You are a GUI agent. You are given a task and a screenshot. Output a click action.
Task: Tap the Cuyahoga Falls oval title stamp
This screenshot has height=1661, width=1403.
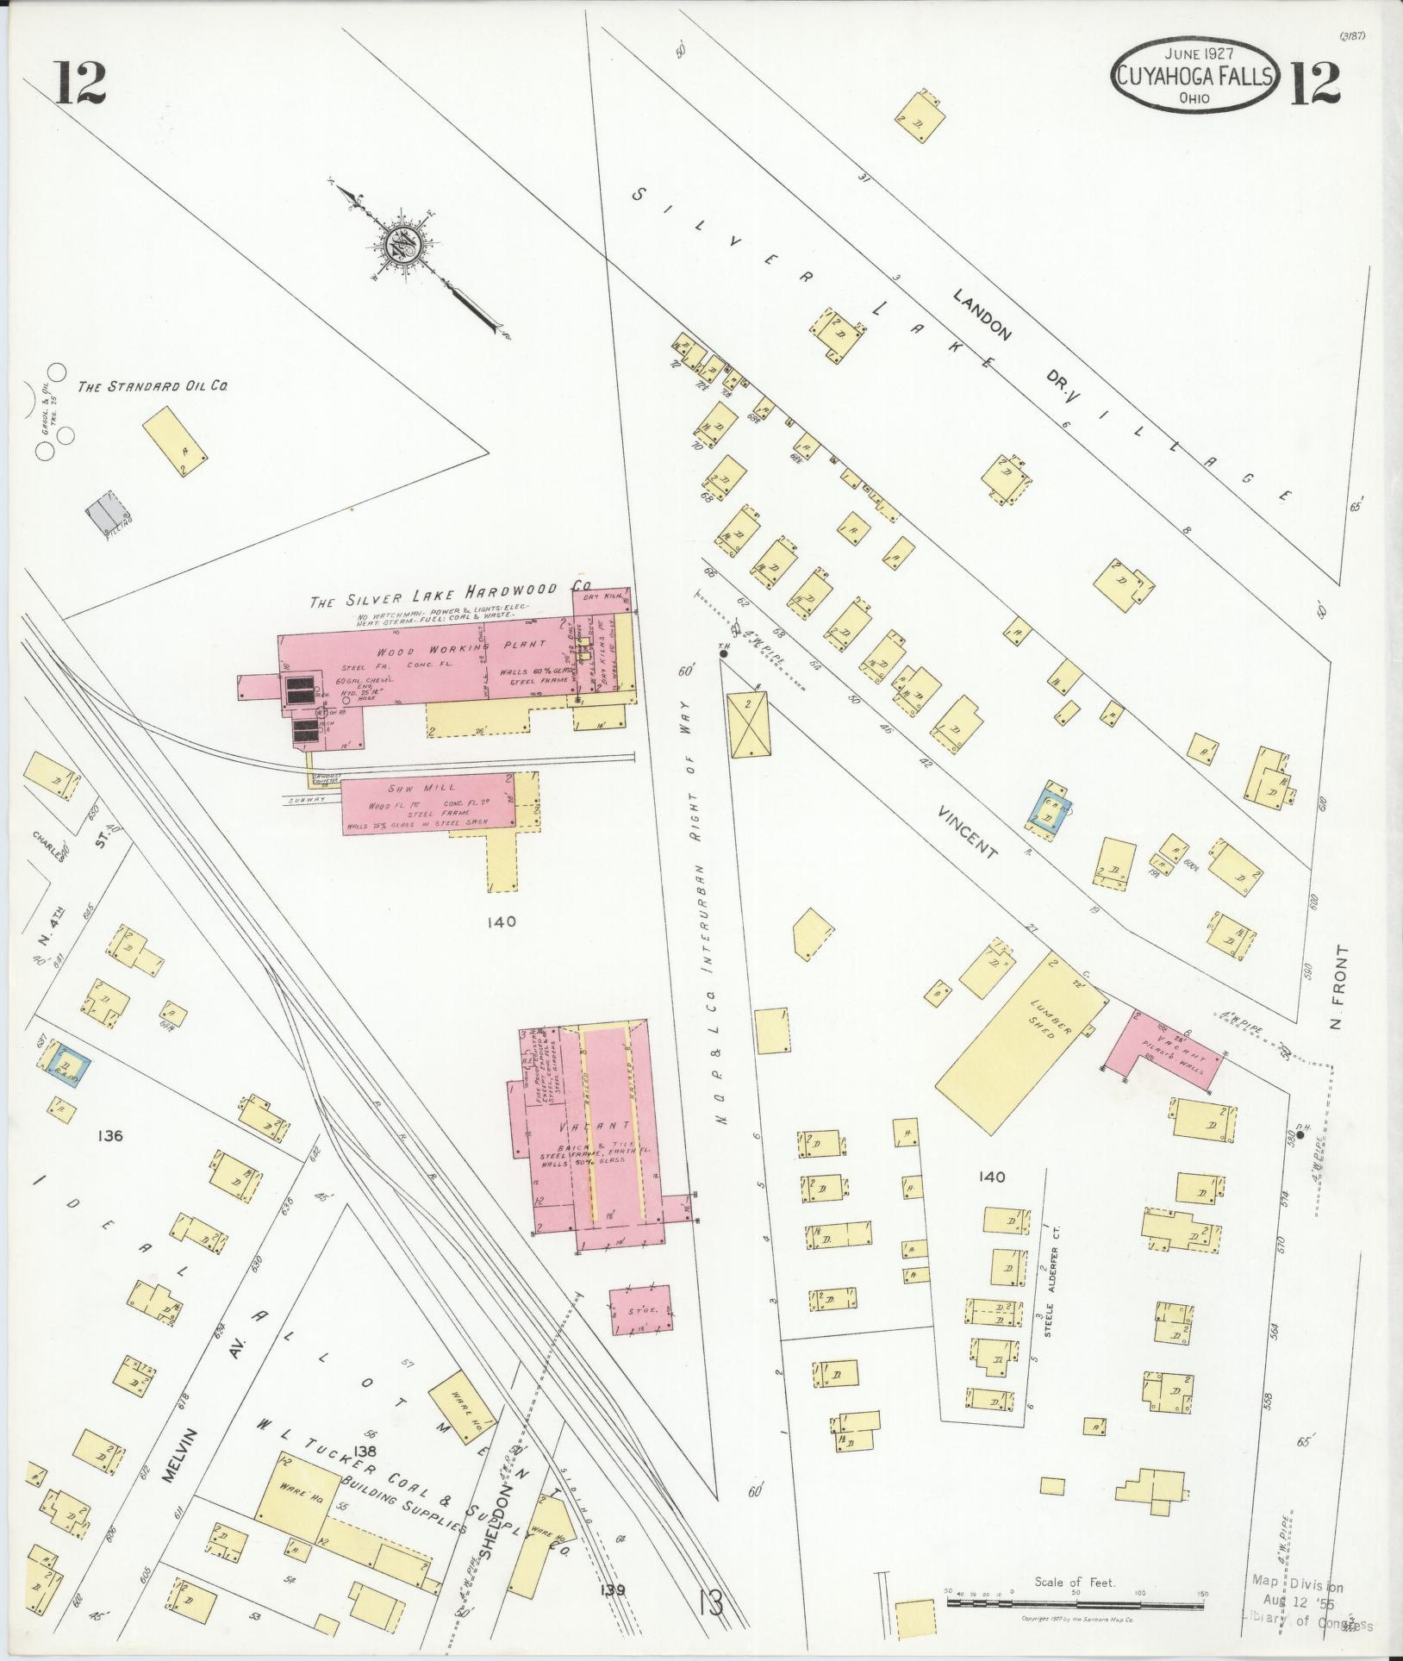pos(1195,77)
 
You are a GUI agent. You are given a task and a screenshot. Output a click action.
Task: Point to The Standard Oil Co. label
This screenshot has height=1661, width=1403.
pos(153,387)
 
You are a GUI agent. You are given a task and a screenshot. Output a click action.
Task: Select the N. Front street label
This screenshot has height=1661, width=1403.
pos(1338,990)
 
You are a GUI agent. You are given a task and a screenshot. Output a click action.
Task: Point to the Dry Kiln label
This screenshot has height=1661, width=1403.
pos(602,596)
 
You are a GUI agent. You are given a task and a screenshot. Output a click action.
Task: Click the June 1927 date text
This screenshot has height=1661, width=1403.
pos(1194,53)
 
